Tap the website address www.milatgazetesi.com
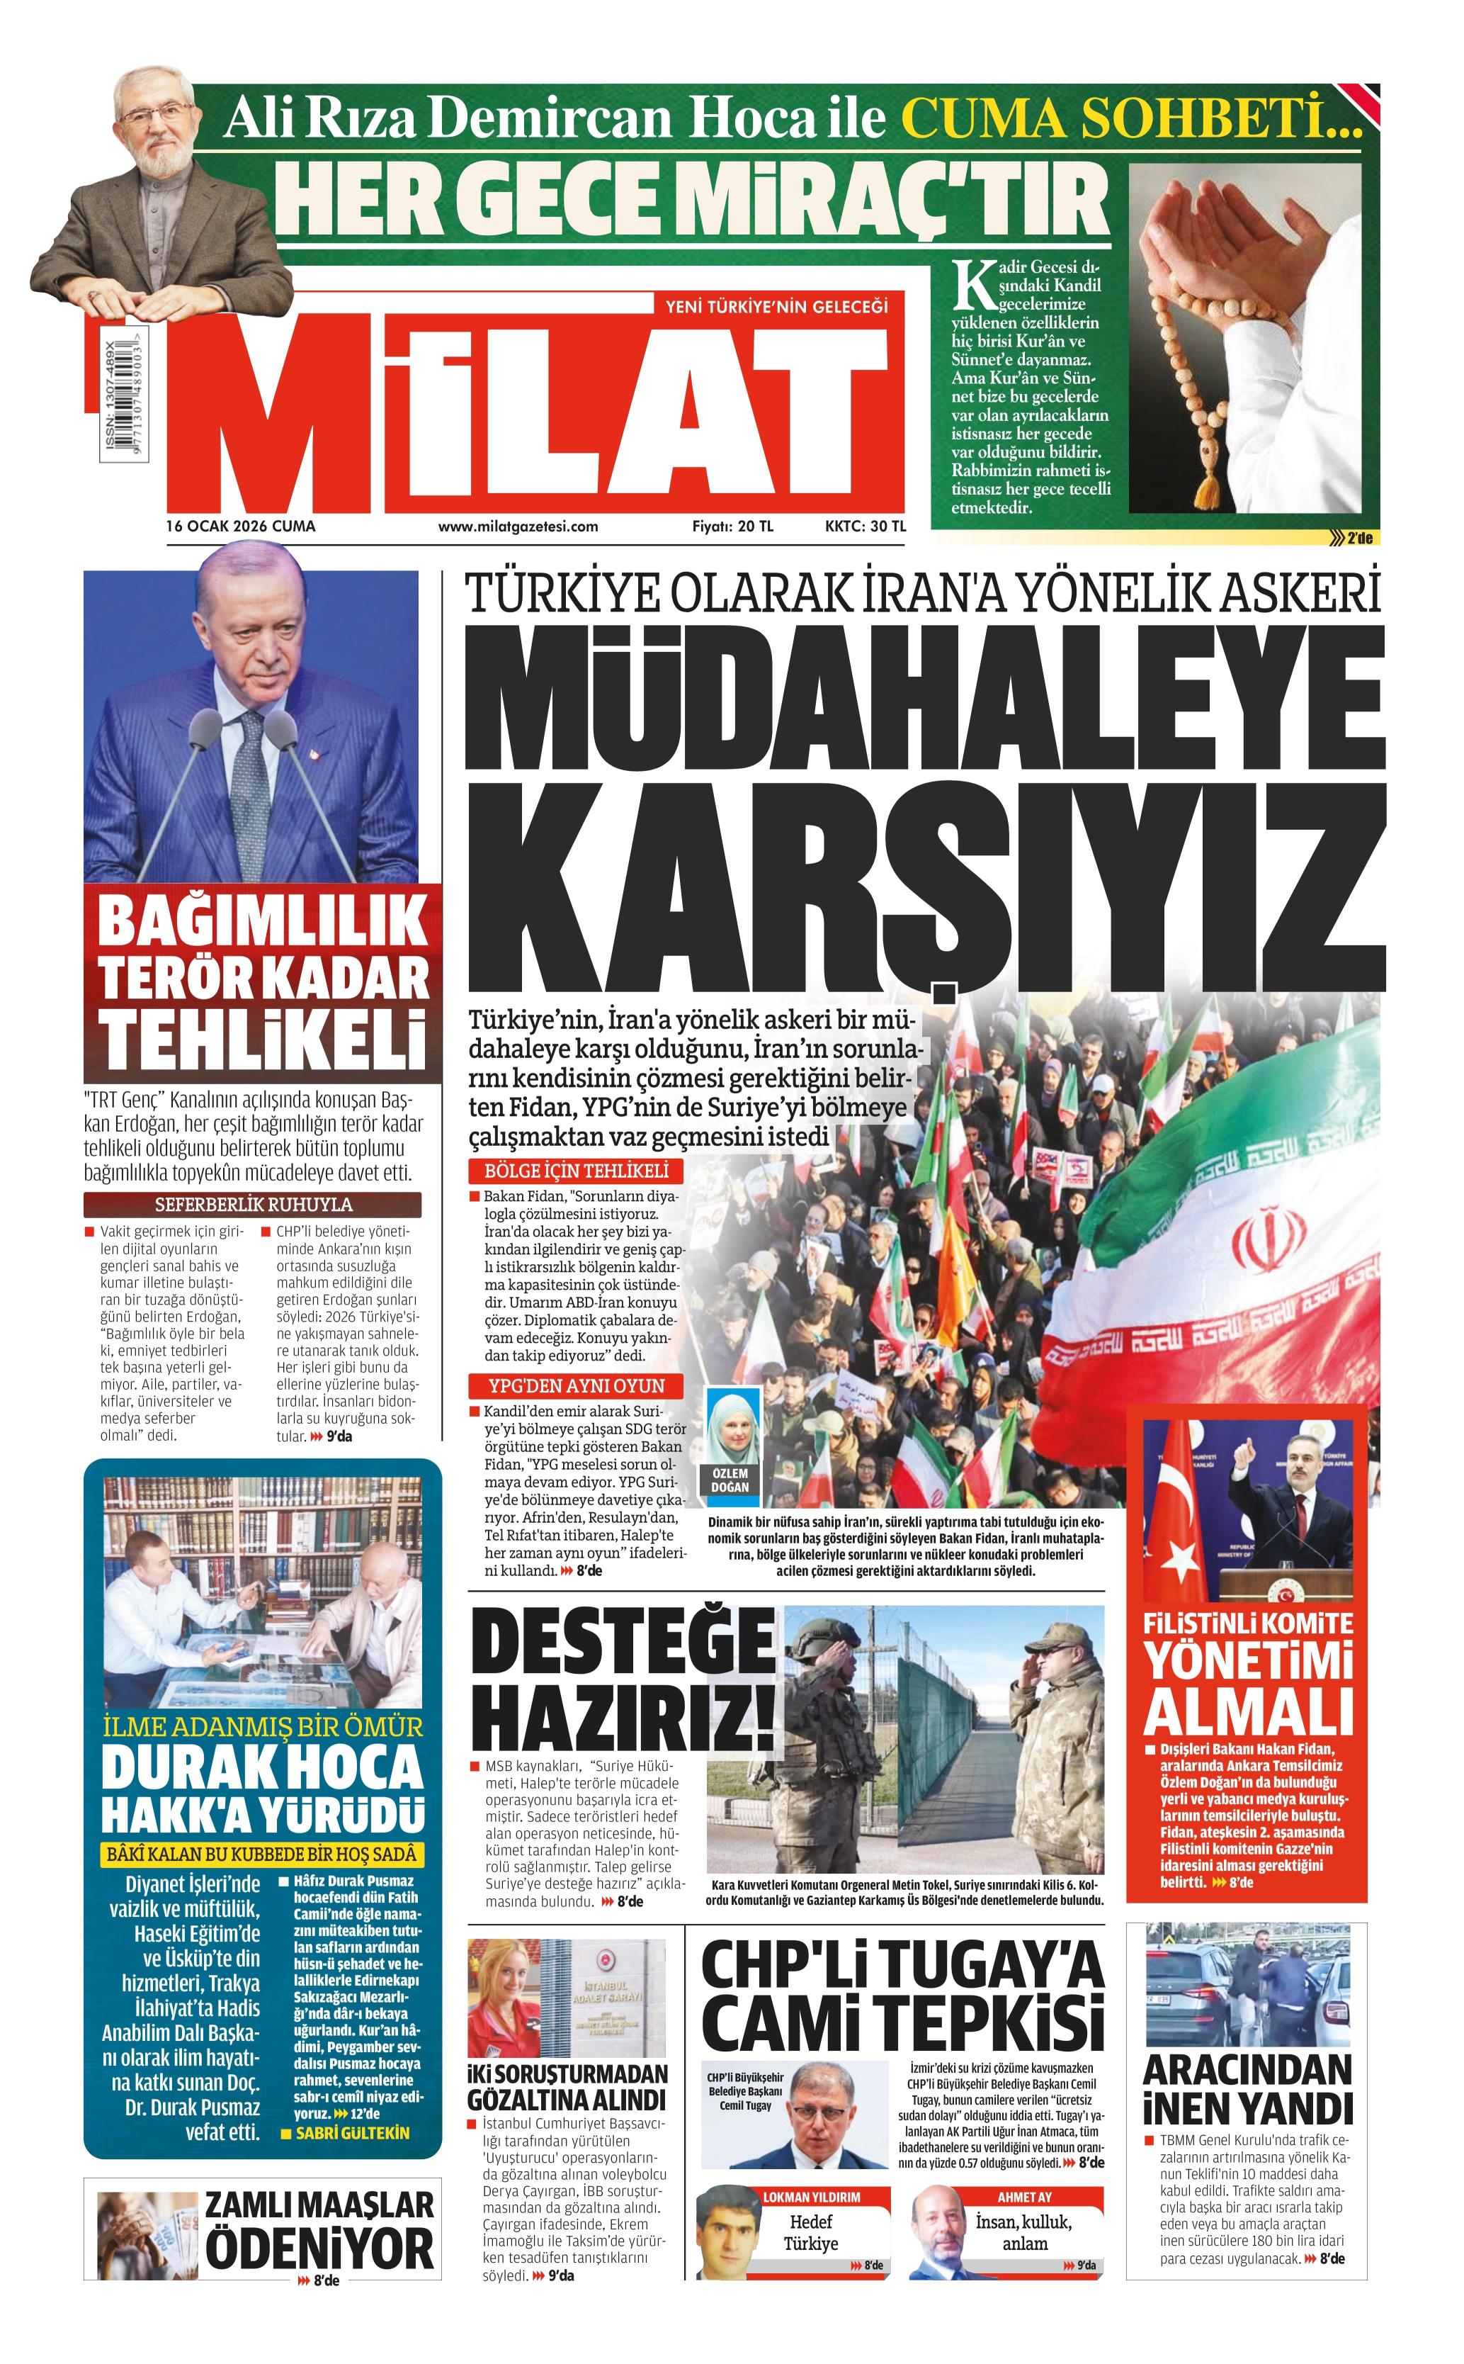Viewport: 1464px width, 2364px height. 518,527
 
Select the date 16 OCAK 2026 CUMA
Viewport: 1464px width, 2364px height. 241,527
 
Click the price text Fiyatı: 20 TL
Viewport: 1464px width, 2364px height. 732,527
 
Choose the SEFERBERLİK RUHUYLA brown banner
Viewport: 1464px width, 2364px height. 253,1205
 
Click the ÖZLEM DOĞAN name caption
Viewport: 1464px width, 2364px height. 730,1481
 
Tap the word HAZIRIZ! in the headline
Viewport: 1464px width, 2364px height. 623,1719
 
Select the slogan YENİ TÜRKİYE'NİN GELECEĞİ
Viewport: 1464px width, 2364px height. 776,307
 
